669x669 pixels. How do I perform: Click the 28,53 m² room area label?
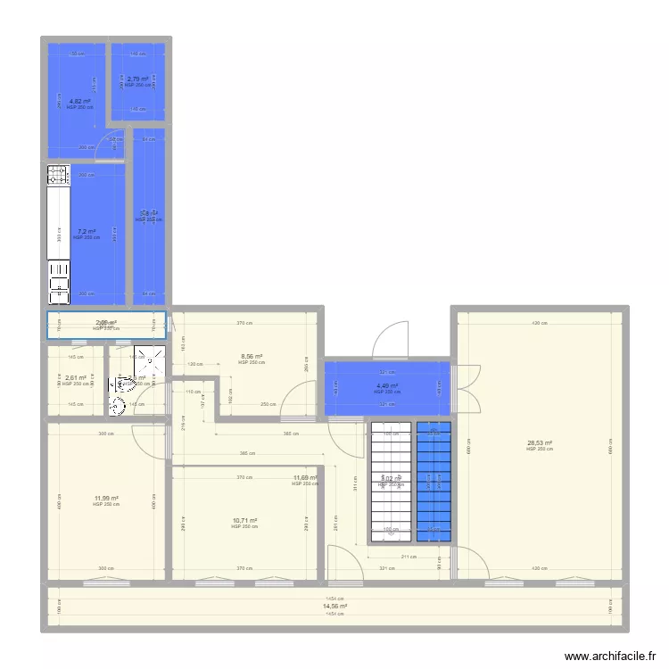pos(540,442)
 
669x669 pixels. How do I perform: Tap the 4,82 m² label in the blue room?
pos(79,102)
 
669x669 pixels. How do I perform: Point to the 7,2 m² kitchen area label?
pos(86,232)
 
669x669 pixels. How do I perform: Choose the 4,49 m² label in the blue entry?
pos(387,386)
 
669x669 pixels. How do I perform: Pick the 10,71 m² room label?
pos(244,521)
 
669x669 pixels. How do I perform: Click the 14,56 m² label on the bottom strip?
pos(334,607)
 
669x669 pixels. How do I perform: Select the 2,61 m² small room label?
pos(76,377)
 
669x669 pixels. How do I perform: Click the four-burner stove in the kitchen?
pos(58,175)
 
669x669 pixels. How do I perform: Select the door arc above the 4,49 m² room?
pos(390,339)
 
